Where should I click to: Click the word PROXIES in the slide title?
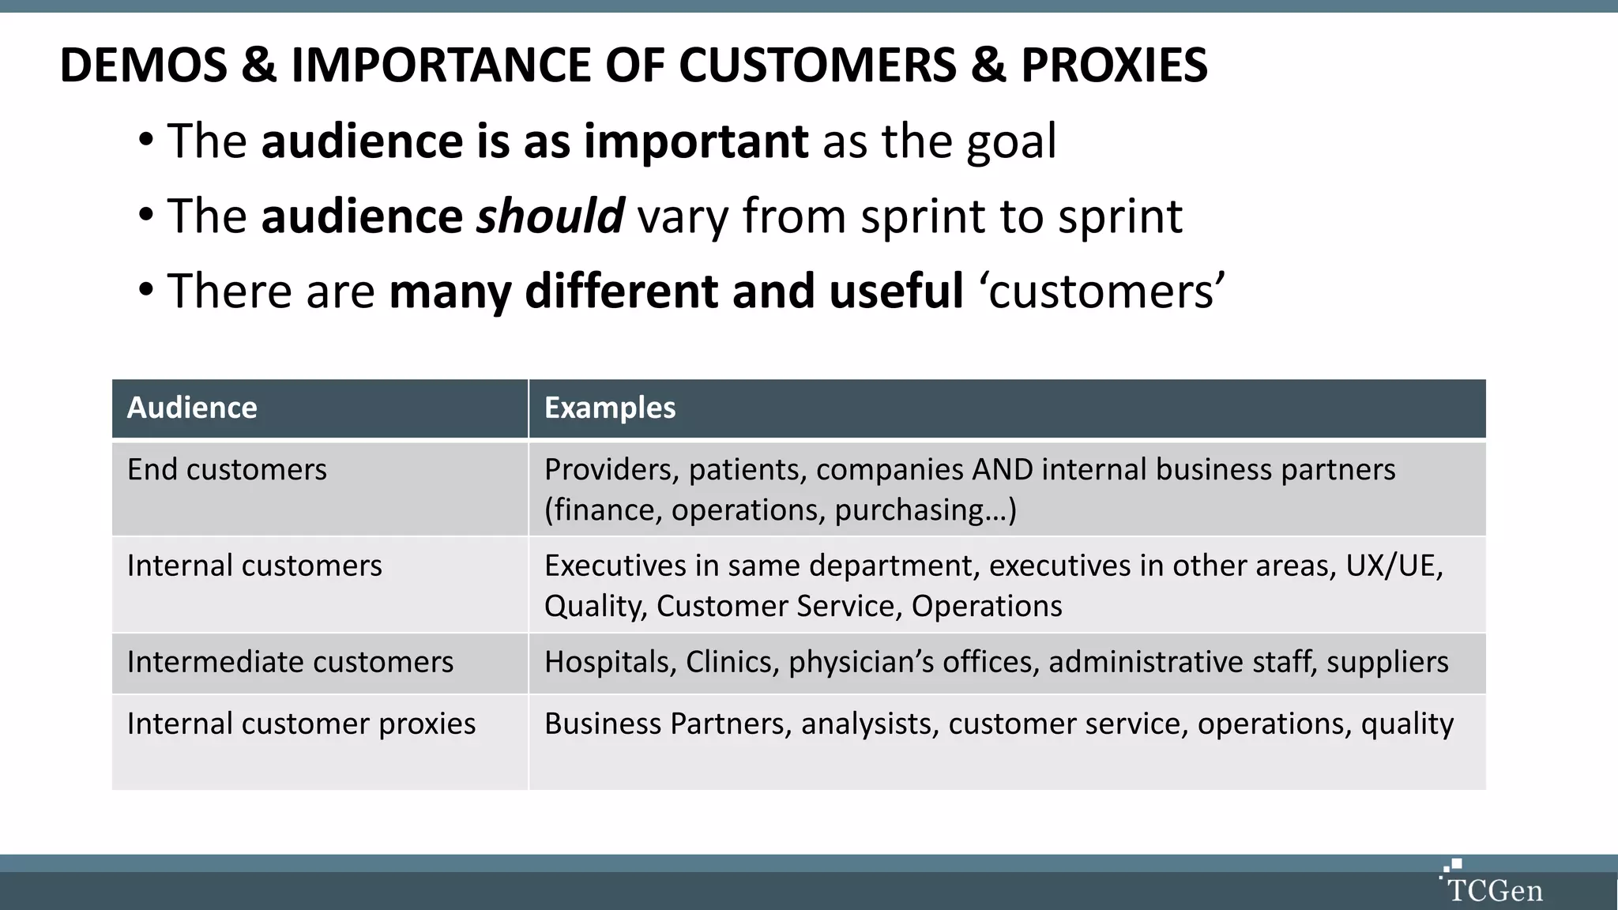1114,65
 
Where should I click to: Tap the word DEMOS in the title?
143,65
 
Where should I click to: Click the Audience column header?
192,408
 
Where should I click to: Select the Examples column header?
610,408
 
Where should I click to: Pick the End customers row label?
227,469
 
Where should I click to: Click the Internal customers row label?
254,566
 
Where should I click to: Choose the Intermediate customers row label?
290,662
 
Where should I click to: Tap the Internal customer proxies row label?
301,724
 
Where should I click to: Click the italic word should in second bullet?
550,216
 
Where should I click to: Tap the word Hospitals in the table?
607,662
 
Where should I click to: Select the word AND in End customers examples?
1003,469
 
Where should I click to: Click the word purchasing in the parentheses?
909,510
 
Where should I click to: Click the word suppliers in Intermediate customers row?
1387,662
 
